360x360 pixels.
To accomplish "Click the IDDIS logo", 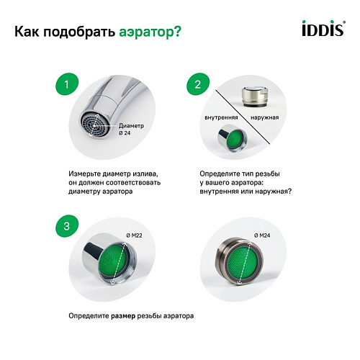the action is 323,28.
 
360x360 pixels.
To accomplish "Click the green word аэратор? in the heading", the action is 150,32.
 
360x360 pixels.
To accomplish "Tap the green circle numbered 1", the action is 67,84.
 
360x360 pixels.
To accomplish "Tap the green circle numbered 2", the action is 198,84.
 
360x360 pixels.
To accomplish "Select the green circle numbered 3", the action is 67,226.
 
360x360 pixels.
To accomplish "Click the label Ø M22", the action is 134,235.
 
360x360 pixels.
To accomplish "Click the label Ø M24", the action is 262,235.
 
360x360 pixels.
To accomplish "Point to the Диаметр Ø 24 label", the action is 131,129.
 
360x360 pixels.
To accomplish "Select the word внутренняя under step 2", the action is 221,117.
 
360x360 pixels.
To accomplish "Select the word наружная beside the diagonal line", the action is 265,117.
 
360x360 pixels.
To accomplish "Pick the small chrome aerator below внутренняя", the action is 232,138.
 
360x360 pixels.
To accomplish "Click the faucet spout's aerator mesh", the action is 95,125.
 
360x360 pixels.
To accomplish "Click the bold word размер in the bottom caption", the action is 123,316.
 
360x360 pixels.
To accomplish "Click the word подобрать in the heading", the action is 79,32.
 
